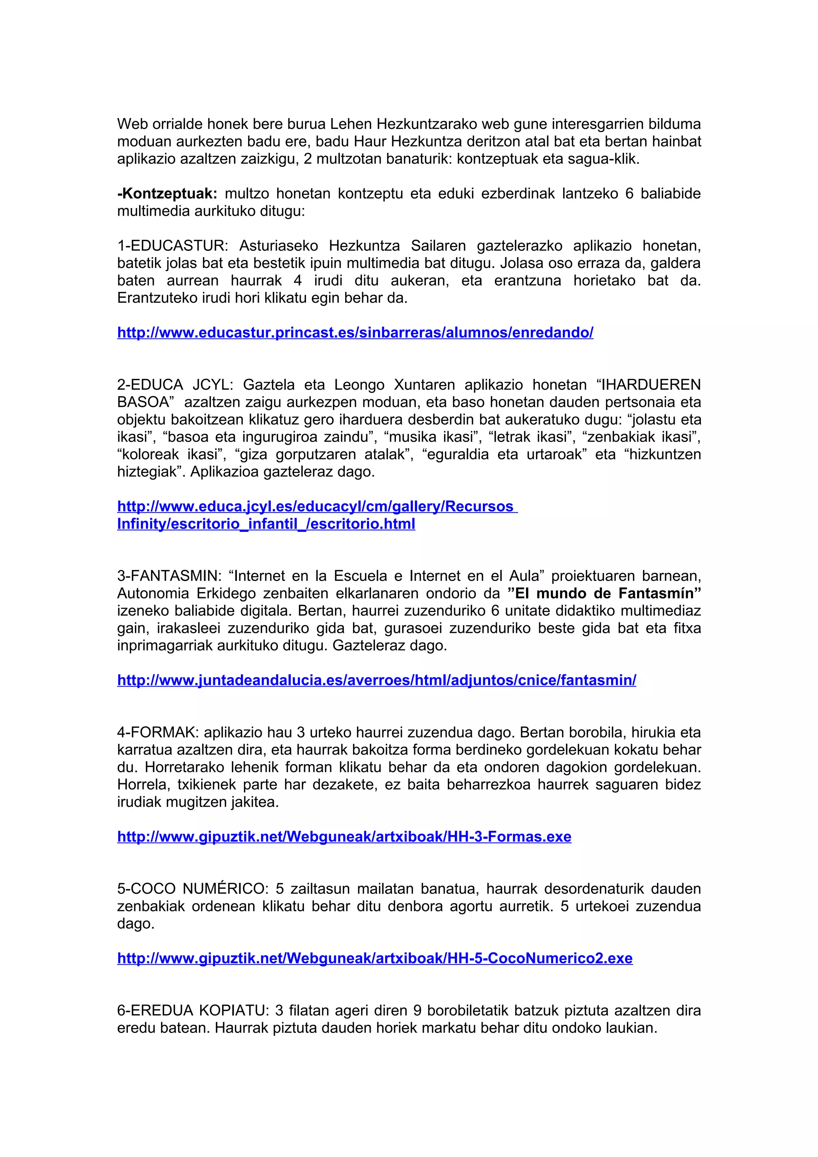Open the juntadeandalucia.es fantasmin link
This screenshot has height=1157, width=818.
tap(377, 680)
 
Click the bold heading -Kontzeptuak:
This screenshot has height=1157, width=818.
tap(167, 194)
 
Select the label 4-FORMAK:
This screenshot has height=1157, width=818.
tap(158, 732)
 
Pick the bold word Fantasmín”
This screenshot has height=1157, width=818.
tap(660, 594)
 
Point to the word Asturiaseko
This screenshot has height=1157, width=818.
tap(278, 246)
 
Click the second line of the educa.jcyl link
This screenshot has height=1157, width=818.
tap(266, 524)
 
